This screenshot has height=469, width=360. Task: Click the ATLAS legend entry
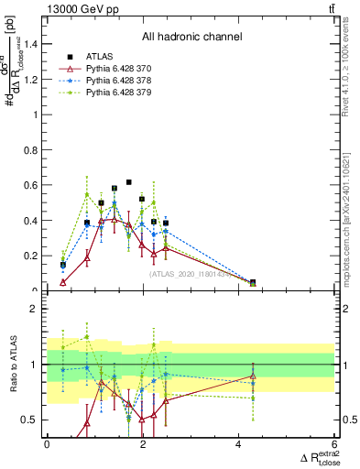pyautogui.click(x=97, y=55)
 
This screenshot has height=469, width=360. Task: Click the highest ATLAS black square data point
pyautogui.click(x=129, y=182)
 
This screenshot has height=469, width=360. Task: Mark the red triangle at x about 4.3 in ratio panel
pyautogui.click(x=253, y=376)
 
